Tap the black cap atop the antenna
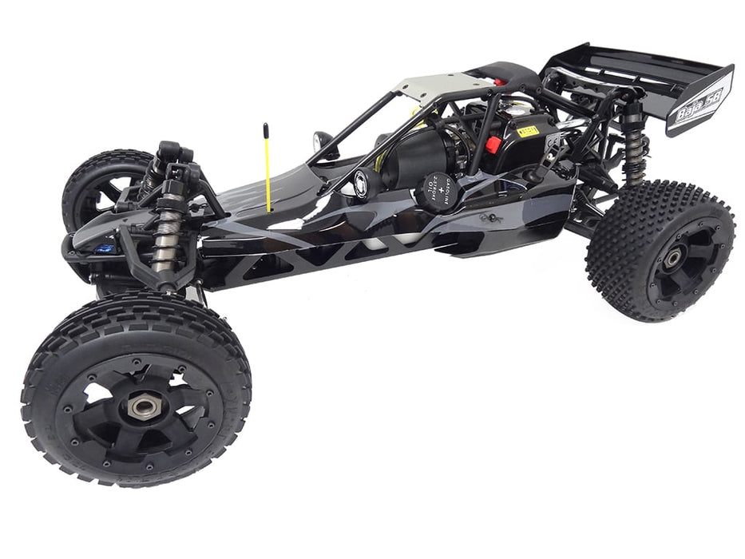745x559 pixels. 266,129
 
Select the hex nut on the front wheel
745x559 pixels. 144,405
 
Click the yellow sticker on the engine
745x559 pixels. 528,131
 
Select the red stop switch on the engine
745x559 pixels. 493,145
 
